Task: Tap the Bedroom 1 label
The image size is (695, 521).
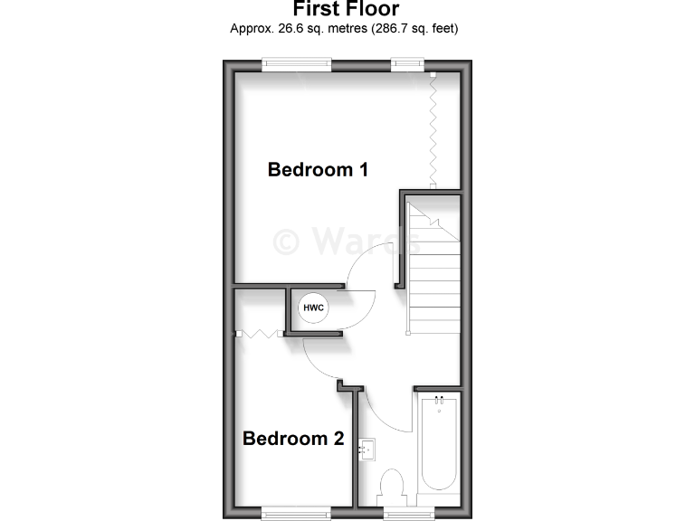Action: click(x=318, y=169)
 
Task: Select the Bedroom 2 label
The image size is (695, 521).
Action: click(x=293, y=439)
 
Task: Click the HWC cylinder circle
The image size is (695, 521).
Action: click(x=313, y=307)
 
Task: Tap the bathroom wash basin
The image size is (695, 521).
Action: click(x=368, y=449)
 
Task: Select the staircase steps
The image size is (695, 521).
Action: click(x=432, y=271)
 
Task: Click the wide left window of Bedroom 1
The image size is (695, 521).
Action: click(x=296, y=63)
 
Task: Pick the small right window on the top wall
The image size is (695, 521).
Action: click(x=407, y=63)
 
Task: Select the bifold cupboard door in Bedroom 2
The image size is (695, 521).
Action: click(x=260, y=334)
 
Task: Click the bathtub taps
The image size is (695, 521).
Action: click(x=440, y=399)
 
